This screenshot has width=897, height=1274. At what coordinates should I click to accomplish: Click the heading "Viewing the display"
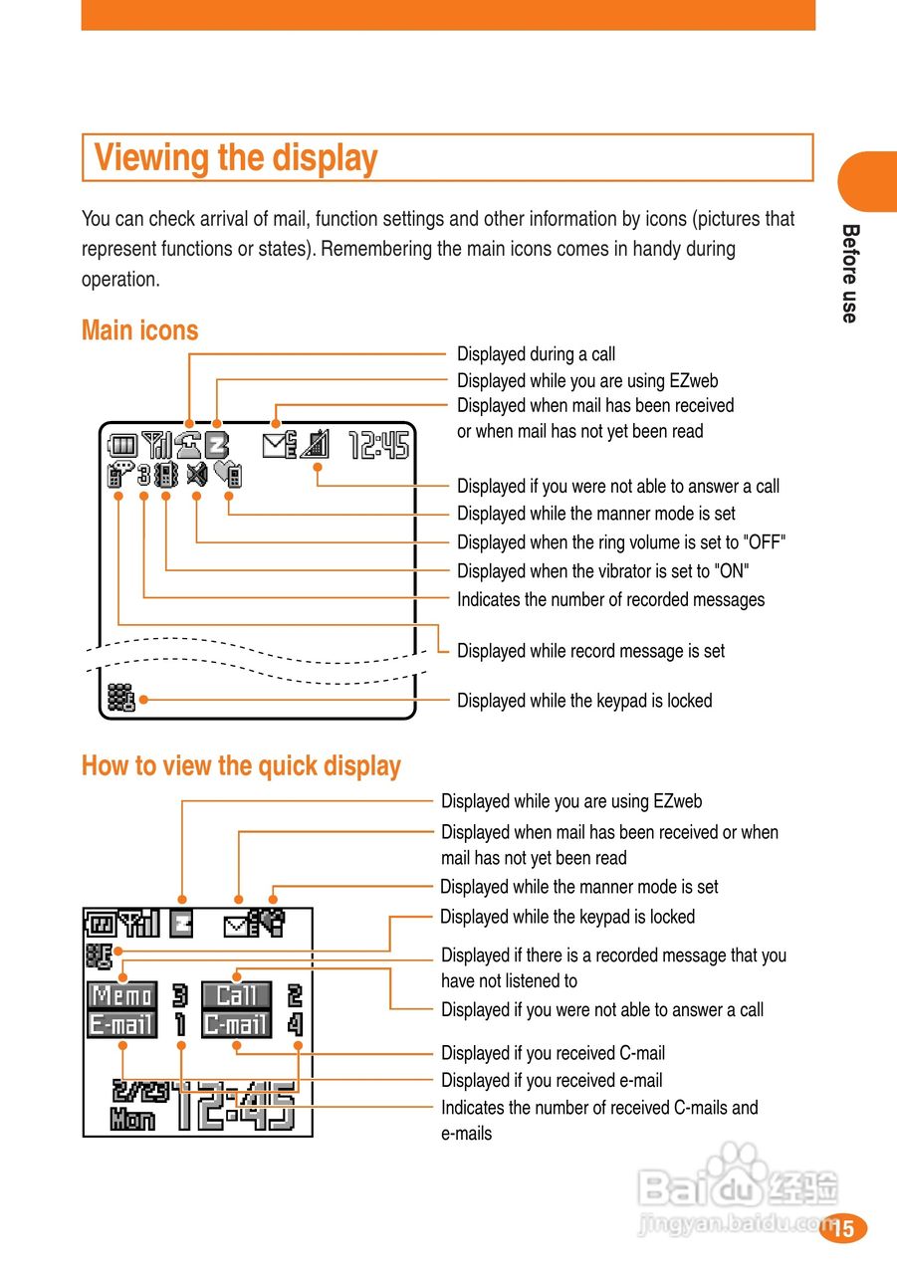click(x=236, y=158)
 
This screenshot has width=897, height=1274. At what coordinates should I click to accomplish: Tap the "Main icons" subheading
click(x=140, y=330)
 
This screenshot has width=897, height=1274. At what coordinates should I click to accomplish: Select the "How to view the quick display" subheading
click(x=241, y=765)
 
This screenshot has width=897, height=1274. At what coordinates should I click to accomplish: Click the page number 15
click(x=843, y=1228)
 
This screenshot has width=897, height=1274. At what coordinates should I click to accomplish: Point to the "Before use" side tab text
click(x=849, y=273)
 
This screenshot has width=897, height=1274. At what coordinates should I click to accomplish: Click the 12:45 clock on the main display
click(x=378, y=445)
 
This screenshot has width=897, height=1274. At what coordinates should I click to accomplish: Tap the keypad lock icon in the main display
click(x=120, y=699)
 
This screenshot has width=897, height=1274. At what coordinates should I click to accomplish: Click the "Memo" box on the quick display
click(x=122, y=994)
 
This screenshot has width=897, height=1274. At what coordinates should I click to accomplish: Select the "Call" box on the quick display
click(x=236, y=994)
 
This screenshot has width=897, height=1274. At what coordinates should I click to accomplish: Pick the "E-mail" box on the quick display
click(x=122, y=1024)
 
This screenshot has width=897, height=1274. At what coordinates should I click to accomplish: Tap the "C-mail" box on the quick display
click(x=236, y=1024)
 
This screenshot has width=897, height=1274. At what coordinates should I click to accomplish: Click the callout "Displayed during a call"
click(x=536, y=353)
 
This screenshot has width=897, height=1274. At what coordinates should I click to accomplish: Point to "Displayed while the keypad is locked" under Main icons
click(x=584, y=701)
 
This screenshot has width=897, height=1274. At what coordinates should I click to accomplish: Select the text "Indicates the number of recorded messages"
click(x=610, y=599)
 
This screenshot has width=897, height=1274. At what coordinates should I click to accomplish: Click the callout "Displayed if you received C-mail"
click(x=553, y=1053)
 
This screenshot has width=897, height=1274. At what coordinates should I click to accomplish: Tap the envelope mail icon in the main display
click(x=280, y=445)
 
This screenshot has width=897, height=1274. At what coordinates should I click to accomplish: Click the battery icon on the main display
click(x=122, y=445)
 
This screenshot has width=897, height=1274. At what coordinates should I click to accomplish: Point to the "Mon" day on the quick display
click(x=132, y=1120)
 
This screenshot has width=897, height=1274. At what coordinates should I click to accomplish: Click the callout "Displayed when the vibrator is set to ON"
click(x=602, y=571)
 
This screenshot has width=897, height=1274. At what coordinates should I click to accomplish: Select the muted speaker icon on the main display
click(x=196, y=475)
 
